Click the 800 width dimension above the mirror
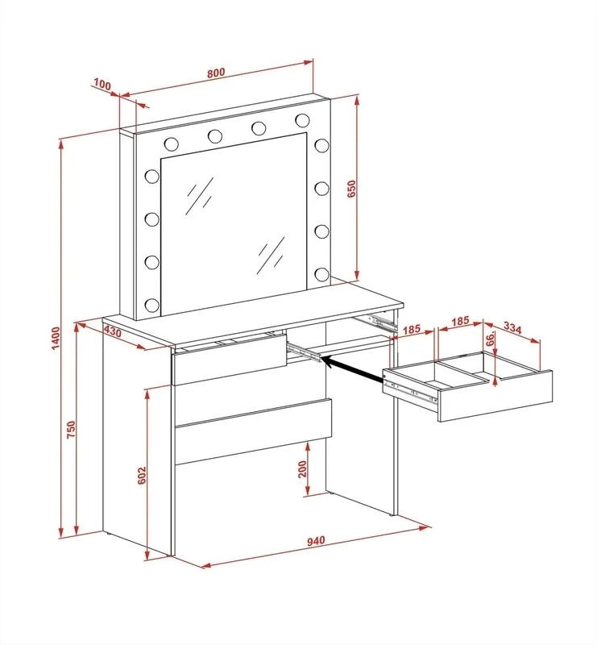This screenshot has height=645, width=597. [216, 73]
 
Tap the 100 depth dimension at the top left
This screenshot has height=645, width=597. [102, 85]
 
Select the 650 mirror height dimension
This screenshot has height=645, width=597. [351, 189]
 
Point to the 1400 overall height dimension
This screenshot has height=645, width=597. [56, 338]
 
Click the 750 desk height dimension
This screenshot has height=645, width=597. [71, 429]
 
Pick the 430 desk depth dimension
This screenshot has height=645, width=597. [113, 331]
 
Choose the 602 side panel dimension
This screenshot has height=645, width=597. [142, 476]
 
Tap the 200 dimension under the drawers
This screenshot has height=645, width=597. [303, 469]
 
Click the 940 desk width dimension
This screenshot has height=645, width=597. [316, 540]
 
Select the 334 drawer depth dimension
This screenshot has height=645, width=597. [512, 328]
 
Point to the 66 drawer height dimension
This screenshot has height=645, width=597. [490, 339]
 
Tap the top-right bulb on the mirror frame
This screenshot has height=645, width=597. [302, 119]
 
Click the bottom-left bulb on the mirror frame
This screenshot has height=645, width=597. [151, 305]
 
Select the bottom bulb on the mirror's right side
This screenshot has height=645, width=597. [322, 274]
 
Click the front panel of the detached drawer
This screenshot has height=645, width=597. [495, 396]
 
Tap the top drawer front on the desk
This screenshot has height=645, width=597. [230, 359]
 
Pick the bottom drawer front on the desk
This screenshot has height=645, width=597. [253, 431]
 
